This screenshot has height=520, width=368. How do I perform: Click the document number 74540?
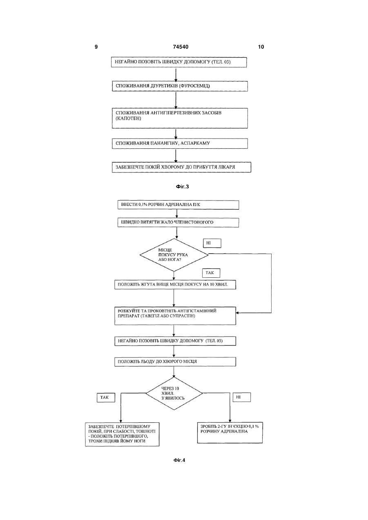[181, 47]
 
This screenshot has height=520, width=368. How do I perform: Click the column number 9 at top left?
[96, 47]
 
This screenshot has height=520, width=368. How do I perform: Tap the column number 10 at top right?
[261, 47]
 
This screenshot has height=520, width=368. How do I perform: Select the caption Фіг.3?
[182, 186]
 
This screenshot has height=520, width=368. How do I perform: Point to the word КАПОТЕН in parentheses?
[128, 118]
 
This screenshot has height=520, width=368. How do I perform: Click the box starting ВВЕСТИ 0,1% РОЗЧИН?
[178, 205]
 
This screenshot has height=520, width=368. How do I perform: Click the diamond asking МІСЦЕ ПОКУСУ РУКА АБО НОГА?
[174, 255]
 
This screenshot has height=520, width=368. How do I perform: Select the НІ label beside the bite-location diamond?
[212, 243]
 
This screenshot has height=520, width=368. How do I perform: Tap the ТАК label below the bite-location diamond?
[211, 273]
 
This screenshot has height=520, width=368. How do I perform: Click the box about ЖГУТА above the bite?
[175, 285]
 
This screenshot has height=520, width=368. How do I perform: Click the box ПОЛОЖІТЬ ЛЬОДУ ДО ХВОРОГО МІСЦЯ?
[175, 362]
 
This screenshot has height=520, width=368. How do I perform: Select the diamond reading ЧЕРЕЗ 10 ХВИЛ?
[174, 393]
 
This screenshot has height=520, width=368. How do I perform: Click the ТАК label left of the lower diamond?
[106, 397]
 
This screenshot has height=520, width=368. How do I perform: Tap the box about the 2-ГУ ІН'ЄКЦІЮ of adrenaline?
[230, 433]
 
